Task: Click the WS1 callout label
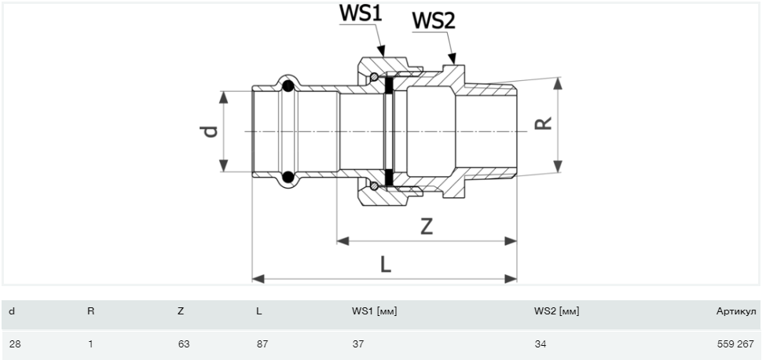pyautogui.click(x=360, y=13)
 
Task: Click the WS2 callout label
pyautogui.click(x=434, y=21)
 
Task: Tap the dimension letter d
pyautogui.click(x=210, y=131)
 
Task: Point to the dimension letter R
pyautogui.click(x=543, y=123)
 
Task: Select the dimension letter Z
pyautogui.click(x=427, y=226)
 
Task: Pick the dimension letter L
pyautogui.click(x=386, y=264)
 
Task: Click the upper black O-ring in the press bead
pyautogui.click(x=288, y=86)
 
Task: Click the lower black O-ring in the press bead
pyautogui.click(x=288, y=176)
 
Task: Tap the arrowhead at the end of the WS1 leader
pyautogui.click(x=382, y=51)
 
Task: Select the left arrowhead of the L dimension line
pyautogui.click(x=258, y=279)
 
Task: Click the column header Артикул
pyautogui.click(x=736, y=311)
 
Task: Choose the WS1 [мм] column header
pyautogui.click(x=374, y=311)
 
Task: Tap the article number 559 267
pyautogui.click(x=735, y=343)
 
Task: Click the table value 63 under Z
pyautogui.click(x=184, y=343)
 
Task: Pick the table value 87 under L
pyautogui.click(x=262, y=343)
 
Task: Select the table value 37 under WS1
pyautogui.click(x=358, y=343)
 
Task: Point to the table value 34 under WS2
pyautogui.click(x=541, y=343)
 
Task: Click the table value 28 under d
pyautogui.click(x=15, y=343)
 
